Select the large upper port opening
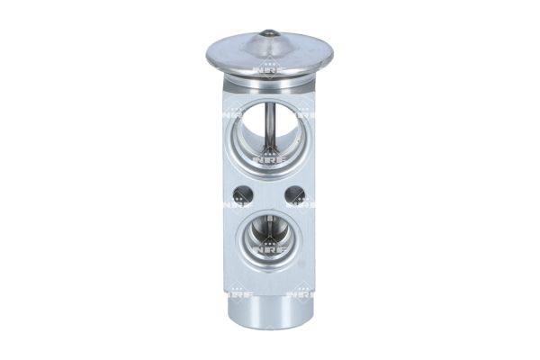[x=268, y=144]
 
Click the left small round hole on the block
[x=240, y=193]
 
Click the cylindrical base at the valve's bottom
[x=269, y=315]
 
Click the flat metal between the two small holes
[x=269, y=193]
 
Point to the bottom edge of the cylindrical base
[x=269, y=335]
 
